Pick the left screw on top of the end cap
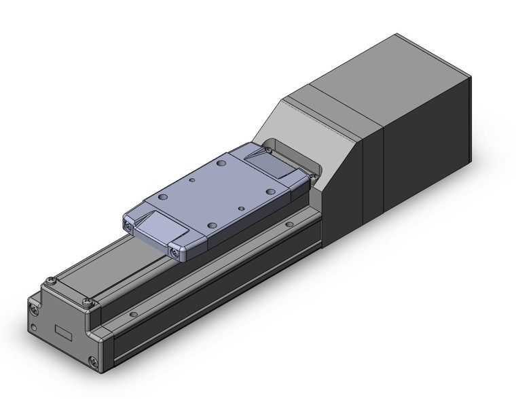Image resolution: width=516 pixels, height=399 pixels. (x=50, y=280)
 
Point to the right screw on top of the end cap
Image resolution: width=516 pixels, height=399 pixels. (x=86, y=302)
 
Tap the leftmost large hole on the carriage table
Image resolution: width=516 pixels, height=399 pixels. (x=163, y=196)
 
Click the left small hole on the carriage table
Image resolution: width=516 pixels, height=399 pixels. (x=192, y=181)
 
